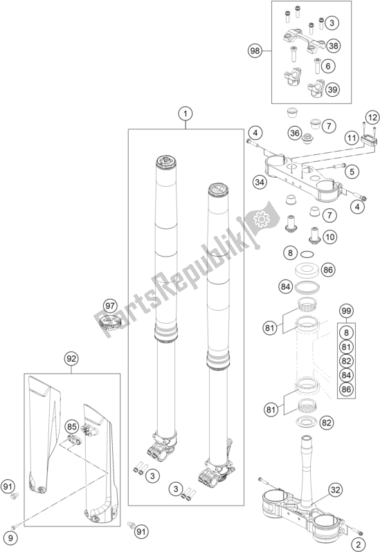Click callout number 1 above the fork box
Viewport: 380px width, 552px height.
[186, 114]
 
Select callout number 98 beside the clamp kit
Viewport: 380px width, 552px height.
[255, 51]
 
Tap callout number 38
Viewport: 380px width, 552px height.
[333, 46]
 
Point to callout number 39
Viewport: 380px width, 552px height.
[332, 89]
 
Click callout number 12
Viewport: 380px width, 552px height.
[372, 118]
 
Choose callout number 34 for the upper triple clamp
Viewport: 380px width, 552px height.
[260, 183]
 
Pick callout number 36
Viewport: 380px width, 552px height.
[295, 133]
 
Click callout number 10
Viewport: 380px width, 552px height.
[329, 237]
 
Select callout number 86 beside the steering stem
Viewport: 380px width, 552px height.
[327, 270]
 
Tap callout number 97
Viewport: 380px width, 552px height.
[110, 306]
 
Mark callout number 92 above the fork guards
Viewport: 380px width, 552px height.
[71, 359]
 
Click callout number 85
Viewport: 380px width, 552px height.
[71, 427]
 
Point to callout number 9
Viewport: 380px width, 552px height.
[10, 537]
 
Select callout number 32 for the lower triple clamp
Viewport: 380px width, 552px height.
[336, 490]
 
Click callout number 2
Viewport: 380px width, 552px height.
[359, 544]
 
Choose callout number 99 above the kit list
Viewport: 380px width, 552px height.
[346, 311]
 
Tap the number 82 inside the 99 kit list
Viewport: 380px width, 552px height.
[346, 361]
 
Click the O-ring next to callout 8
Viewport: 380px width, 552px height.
[307, 253]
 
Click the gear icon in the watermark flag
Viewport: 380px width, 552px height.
[261, 220]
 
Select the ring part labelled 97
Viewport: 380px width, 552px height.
[111, 322]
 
